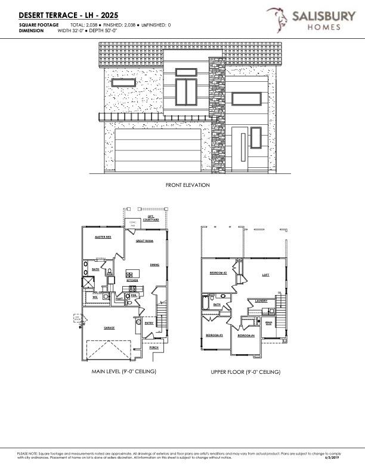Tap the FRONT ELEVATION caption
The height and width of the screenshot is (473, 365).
point(188,185)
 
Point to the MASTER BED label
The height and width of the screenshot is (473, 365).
point(104,237)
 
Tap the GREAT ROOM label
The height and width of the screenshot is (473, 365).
point(145,241)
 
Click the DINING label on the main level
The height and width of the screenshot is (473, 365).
point(154,265)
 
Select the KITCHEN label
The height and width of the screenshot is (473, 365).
point(132,280)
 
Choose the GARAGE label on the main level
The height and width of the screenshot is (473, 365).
point(109,328)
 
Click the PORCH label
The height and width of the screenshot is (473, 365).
point(154,347)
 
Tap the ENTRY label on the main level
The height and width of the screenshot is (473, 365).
point(149,323)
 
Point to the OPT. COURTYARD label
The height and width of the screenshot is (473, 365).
point(151,219)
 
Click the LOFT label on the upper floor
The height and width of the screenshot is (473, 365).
point(266,275)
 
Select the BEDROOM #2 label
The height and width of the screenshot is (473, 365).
point(218,273)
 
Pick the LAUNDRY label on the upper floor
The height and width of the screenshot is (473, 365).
point(261,300)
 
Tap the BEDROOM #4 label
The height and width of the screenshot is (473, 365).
point(246,336)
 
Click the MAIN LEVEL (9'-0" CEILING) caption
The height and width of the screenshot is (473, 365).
point(123,371)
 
